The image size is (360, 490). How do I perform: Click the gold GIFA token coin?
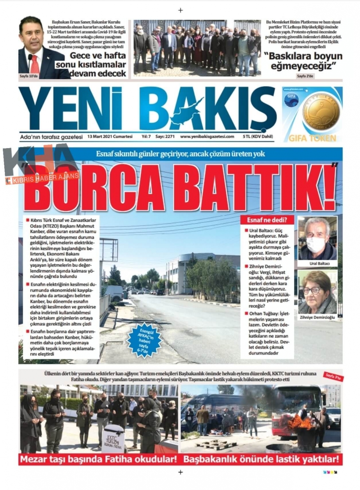coord(321,112)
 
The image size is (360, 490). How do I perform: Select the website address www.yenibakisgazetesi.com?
coord(207,137)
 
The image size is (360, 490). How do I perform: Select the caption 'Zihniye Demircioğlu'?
coord(317,317)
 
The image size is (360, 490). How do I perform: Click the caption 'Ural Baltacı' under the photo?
coord(317,263)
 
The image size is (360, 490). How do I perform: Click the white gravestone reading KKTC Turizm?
coord(113,439)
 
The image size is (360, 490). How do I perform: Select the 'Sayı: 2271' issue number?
coord(165,137)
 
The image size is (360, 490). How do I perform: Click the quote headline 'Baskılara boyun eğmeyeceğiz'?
coord(303,61)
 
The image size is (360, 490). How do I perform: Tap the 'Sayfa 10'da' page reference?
coord(28,76)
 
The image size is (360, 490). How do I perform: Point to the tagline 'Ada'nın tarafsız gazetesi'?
coord(51,137)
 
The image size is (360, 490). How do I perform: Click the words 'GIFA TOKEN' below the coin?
coord(312,138)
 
